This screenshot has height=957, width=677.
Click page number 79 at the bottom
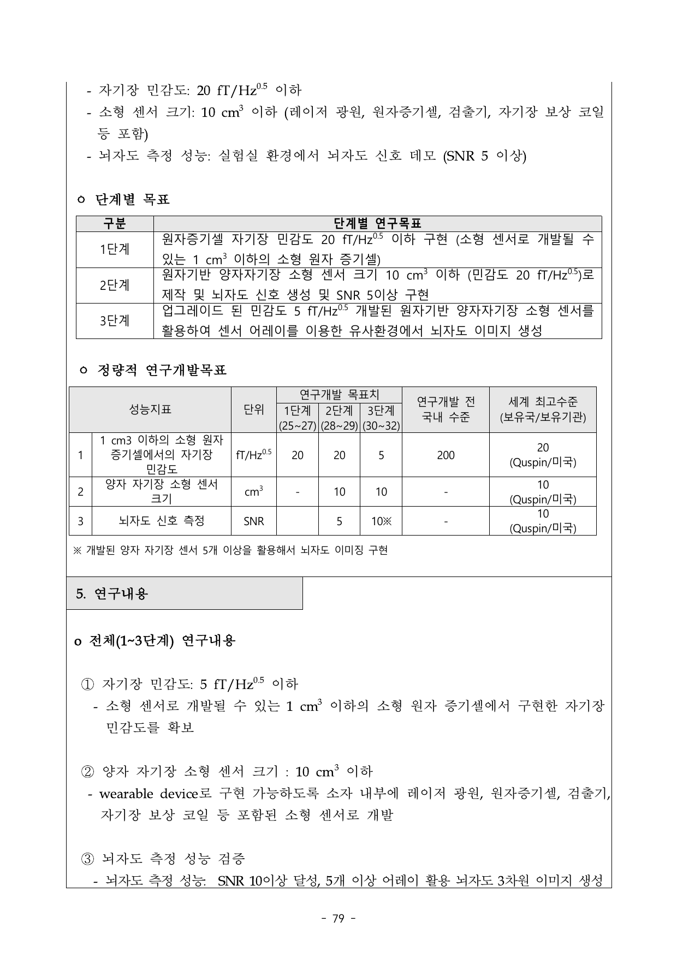pos(339,919)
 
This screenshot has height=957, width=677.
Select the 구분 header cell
pos(115,223)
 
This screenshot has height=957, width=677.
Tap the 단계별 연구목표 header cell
pos(377,223)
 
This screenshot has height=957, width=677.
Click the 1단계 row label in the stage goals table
pos(115,249)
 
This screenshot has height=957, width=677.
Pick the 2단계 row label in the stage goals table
pos(115,285)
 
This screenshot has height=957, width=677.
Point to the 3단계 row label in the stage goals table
pos(115,320)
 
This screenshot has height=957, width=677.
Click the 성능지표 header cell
pos(150,409)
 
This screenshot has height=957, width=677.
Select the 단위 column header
pos(254,409)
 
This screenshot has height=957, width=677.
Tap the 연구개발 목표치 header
pos(339,394)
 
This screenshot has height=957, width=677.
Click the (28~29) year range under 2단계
pos(339,426)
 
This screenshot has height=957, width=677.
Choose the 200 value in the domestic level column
pos(446,455)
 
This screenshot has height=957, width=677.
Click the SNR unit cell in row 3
pos(254,521)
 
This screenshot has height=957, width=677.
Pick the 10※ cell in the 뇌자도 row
pos(381,521)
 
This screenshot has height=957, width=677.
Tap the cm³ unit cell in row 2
pos(254,492)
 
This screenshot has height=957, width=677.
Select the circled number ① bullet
pos(87,684)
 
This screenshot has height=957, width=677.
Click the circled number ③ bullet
pos(87,859)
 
